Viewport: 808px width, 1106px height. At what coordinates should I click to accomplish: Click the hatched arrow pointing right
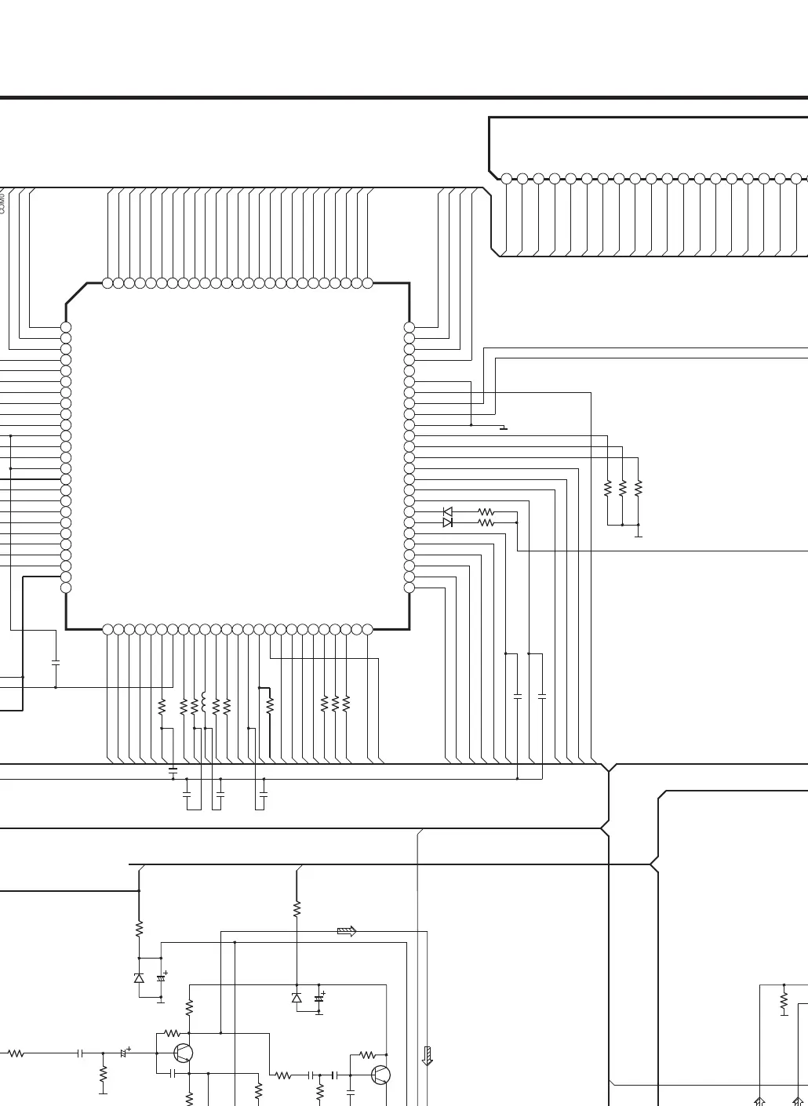[x=347, y=931]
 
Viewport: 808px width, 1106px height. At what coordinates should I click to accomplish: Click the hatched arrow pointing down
[x=428, y=1056]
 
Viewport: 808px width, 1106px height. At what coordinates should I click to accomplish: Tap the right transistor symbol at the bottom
[x=380, y=1075]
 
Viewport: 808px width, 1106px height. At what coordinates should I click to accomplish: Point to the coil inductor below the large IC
[x=204, y=702]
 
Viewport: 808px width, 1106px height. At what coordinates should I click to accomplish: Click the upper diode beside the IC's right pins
[x=447, y=511]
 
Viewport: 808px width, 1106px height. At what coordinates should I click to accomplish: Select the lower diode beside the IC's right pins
[x=447, y=522]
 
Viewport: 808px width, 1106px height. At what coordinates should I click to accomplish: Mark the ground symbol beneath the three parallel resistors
[x=639, y=536]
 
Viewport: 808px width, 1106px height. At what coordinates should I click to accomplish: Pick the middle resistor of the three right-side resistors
[x=623, y=488]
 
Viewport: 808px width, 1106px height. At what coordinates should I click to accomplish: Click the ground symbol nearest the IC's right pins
[x=504, y=428]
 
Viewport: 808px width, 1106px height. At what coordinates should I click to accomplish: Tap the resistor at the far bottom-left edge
[x=16, y=1053]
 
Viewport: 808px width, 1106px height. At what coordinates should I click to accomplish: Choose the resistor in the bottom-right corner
[x=784, y=1002]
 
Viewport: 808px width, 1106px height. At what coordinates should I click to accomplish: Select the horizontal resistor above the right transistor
[x=368, y=1055]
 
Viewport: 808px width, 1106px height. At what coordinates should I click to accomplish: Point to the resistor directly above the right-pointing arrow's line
[x=297, y=909]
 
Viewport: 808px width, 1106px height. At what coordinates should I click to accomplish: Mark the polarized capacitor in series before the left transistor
[x=123, y=1053]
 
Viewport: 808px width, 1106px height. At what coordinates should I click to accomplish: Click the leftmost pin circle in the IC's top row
[x=107, y=283]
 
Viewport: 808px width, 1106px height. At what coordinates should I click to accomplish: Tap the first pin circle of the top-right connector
[x=507, y=179]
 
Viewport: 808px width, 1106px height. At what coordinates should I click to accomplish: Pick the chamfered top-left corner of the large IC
[x=76, y=293]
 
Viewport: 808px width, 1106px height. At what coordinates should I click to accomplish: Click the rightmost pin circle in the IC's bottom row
[x=367, y=629]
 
